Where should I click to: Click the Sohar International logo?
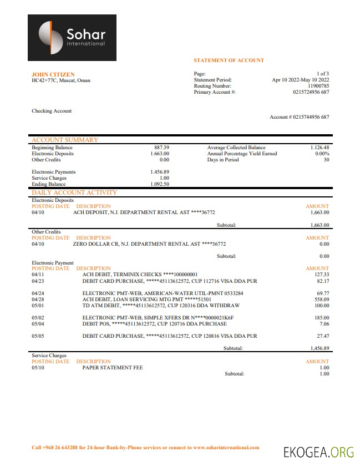(72, 38)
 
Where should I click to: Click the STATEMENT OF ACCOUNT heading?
(229, 60)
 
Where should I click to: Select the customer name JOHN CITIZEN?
(53, 74)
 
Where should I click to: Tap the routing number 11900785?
(318, 86)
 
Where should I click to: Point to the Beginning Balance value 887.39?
(161, 148)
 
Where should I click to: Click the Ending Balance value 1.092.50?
(160, 184)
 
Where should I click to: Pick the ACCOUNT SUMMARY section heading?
(65, 140)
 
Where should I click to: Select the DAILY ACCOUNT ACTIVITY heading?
(74, 192)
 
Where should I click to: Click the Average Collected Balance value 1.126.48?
(320, 148)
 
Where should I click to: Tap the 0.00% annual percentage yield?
(322, 154)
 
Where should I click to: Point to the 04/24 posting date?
(38, 293)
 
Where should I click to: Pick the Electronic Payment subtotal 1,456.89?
(320, 348)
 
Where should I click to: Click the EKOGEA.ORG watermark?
(318, 452)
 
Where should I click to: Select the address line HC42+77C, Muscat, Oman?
(61, 80)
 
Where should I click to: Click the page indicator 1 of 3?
(323, 74)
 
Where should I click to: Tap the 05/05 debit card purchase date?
(38, 336)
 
